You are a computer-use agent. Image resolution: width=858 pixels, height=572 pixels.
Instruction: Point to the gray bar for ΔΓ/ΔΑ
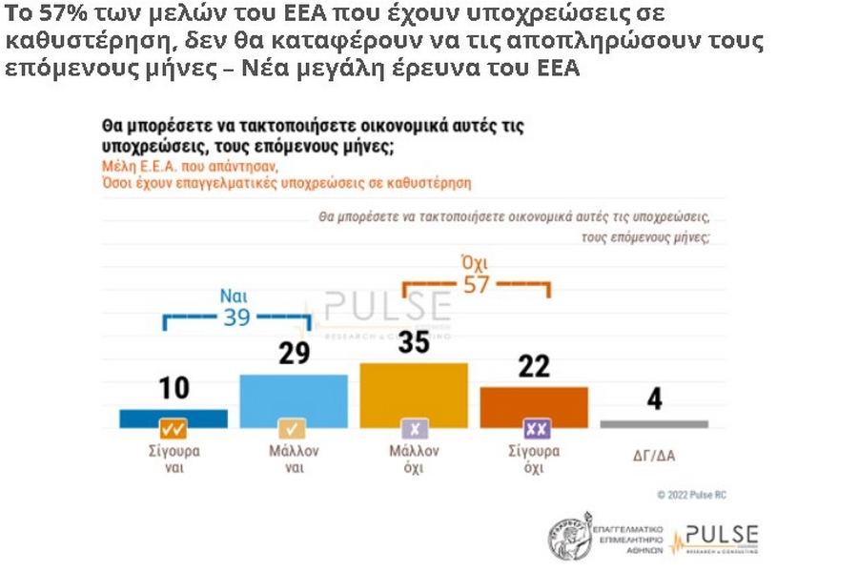654,423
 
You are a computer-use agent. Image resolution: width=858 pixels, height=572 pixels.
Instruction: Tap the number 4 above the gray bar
654,398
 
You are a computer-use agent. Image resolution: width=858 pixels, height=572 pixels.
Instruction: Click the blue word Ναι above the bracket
235,295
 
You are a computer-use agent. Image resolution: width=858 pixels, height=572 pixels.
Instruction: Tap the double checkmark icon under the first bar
174,429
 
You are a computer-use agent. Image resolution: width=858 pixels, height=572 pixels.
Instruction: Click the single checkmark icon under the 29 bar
293,429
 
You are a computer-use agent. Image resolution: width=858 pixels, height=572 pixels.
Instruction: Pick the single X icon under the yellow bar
414,429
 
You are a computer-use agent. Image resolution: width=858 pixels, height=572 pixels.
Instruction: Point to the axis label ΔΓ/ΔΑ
653,456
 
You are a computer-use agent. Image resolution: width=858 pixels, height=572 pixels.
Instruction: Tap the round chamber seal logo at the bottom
569,535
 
